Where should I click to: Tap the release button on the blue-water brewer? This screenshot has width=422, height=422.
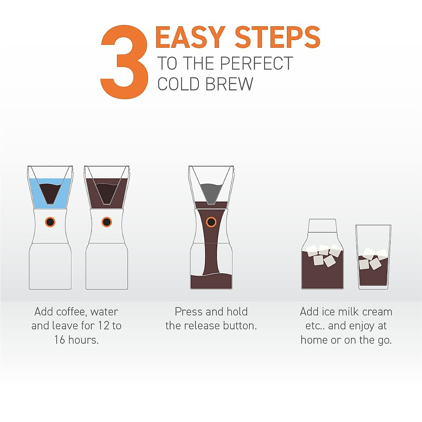click(50, 222)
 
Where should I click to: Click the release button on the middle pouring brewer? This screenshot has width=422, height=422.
click(211, 222)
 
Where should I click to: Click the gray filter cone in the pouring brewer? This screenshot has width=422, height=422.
click(211, 192)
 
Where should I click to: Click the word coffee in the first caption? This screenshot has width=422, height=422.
click(70, 312)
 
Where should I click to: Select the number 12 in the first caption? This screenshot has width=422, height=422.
click(104, 326)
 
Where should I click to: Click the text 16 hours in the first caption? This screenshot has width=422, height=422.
click(76, 340)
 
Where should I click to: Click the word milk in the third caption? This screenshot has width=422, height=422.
click(349, 312)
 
